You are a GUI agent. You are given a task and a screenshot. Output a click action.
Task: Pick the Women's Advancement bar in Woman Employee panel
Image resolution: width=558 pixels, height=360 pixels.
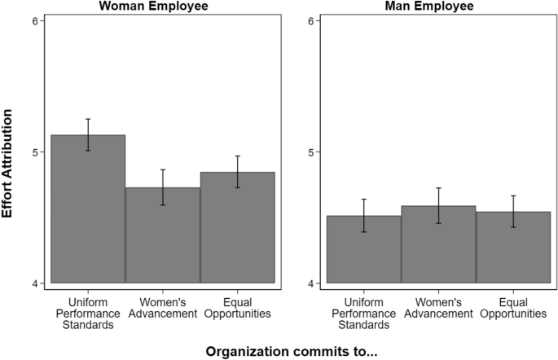(x=163, y=235)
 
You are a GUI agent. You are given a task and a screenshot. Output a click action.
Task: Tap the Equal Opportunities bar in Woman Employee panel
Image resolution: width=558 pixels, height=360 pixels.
(x=238, y=227)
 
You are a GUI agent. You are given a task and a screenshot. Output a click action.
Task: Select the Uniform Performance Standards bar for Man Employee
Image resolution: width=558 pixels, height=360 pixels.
(x=364, y=249)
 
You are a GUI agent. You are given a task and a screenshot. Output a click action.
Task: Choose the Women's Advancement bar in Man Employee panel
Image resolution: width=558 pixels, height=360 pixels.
(x=438, y=244)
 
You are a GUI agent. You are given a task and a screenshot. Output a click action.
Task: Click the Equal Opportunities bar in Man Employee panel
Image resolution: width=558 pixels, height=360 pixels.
(x=513, y=248)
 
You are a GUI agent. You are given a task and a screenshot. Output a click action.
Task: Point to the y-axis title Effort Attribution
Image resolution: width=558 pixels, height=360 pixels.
(x=11, y=151)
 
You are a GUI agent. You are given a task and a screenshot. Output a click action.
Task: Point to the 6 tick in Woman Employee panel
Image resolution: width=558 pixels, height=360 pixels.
(x=35, y=20)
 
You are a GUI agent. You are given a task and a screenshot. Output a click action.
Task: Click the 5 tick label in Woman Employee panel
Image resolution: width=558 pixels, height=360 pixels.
(x=35, y=152)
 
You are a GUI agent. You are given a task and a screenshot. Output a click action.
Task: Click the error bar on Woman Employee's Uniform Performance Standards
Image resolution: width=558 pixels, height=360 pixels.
(x=88, y=134)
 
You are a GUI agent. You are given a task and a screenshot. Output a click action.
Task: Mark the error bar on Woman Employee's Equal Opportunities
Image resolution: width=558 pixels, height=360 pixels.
(x=238, y=172)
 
